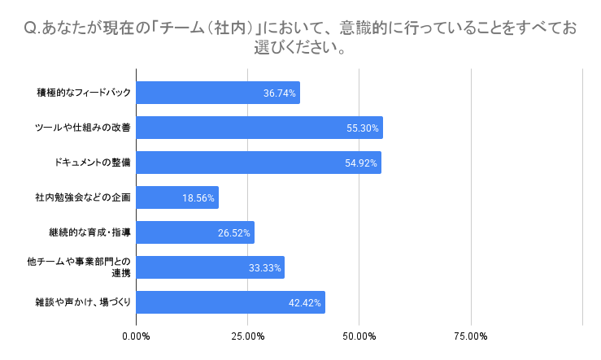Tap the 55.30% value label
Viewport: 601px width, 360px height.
[x=363, y=128]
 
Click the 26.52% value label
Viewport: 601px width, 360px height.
[x=234, y=233]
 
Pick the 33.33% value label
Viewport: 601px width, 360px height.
[x=264, y=268]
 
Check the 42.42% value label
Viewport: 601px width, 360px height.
[x=305, y=303]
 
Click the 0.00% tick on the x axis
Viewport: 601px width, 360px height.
[x=136, y=336]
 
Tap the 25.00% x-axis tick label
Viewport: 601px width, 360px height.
[x=247, y=336]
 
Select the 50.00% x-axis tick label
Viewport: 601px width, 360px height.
[x=359, y=336]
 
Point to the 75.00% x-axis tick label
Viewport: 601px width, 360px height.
[x=471, y=336]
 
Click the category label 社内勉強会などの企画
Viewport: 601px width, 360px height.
[x=83, y=197]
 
